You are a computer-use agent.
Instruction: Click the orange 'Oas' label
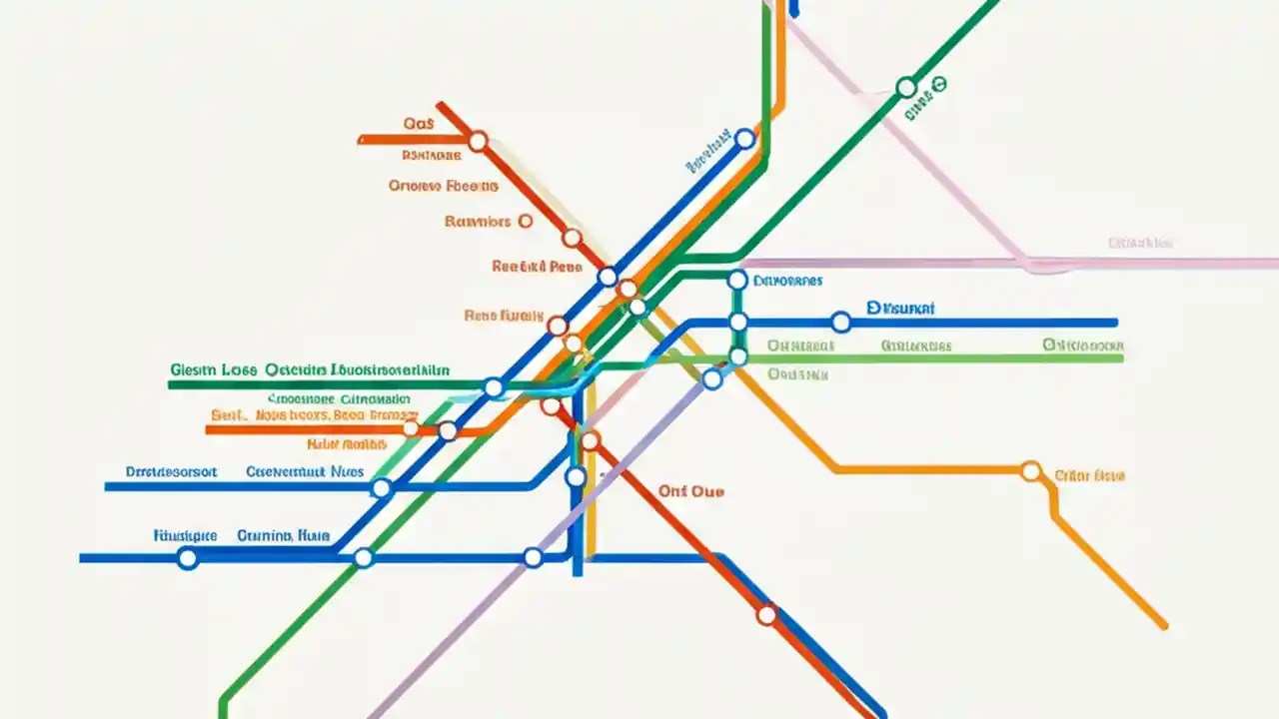(419, 124)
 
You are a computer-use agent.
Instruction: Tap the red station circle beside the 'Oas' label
(478, 142)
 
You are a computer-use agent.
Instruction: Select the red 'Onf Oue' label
(691, 491)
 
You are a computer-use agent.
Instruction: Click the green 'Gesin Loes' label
(212, 369)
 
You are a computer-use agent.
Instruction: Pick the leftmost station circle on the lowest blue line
(187, 558)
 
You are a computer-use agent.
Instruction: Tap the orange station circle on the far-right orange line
(1031, 471)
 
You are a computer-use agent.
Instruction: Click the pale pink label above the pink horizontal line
(1140, 243)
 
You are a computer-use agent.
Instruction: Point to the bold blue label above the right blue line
(900, 310)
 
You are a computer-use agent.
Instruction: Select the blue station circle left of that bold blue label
(840, 322)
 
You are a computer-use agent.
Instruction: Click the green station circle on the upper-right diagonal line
(905, 88)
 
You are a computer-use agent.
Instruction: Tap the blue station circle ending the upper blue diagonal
(744, 139)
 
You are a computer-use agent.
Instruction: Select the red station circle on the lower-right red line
(766, 615)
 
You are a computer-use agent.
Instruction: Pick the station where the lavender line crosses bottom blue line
(533, 557)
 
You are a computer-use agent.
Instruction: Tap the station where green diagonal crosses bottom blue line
(364, 557)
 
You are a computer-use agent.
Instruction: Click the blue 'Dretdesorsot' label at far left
(171, 471)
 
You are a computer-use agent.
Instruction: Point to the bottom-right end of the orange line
(1163, 626)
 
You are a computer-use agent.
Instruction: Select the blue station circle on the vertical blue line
(576, 477)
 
